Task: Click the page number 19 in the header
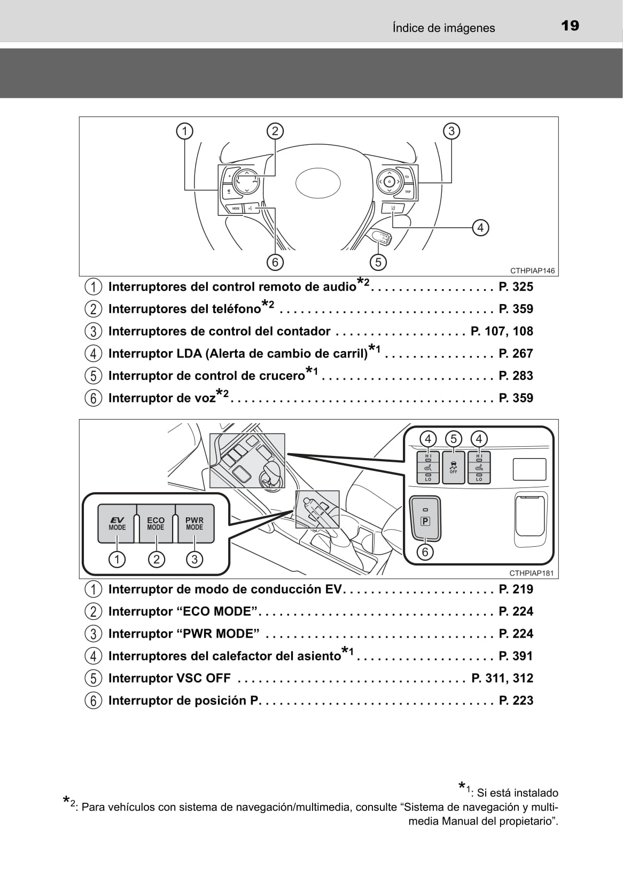pos(570,26)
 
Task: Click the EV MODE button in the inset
pos(117,523)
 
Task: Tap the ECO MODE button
pos(155,523)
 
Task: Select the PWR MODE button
pos(194,523)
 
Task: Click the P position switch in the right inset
pos(425,517)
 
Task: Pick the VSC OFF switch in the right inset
pos(453,467)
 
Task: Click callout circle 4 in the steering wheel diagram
pos(480,228)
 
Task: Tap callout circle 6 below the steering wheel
pos(275,262)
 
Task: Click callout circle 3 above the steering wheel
pos(451,131)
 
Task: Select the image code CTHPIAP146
pos(533,271)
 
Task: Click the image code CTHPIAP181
pos(531,573)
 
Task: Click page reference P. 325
pos(516,287)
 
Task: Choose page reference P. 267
pos(516,354)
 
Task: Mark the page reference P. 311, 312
pos(502,678)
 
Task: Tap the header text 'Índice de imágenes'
pos(443,28)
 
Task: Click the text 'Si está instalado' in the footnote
pos(517,793)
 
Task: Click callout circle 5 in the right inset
pos(454,439)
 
